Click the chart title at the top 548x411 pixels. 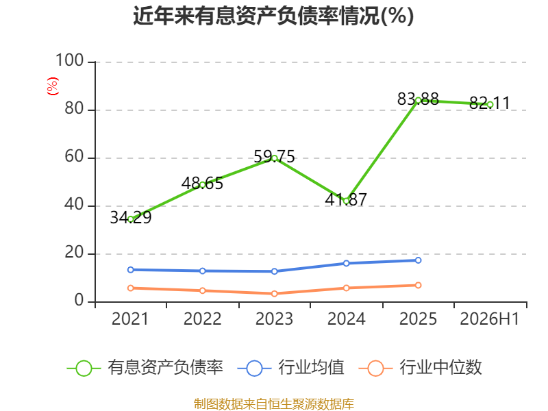pos(273,16)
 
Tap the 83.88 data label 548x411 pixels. pos(418,99)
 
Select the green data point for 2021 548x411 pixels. pos(131,219)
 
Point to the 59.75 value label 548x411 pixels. pos(275,156)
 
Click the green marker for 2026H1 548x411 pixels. pos(490,105)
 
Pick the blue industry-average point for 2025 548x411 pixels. pos(418,260)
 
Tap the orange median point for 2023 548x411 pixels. pos(275,294)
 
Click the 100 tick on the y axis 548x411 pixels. pos(70,60)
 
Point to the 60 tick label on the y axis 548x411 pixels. pos(74,156)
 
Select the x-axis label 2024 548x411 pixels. pos(346,319)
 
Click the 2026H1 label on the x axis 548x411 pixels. pos(490,319)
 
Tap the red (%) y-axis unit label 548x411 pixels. pos(53,86)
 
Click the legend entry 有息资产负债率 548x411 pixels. pos(145,367)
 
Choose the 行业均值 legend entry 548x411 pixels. pos(290,367)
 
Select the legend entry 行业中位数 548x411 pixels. pos(420,367)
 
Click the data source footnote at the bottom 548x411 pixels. pos(274,404)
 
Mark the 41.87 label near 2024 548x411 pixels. pos(346,199)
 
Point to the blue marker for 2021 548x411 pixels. pos(131,270)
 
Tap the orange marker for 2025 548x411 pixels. pos(418,286)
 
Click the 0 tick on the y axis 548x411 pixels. pos(79,300)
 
